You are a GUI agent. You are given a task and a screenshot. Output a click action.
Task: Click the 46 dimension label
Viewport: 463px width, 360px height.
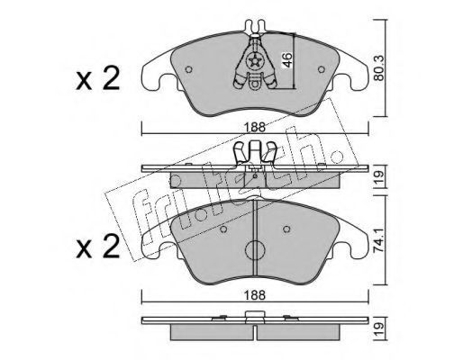click(x=287, y=60)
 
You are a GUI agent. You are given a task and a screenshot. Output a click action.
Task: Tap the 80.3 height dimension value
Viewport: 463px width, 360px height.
click(x=379, y=68)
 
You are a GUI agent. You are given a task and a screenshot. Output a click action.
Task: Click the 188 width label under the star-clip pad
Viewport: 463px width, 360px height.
click(x=254, y=127)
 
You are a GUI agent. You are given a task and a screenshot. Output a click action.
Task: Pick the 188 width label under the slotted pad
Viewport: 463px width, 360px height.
click(x=254, y=295)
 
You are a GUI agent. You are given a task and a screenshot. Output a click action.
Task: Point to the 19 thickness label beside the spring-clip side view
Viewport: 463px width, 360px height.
click(x=379, y=177)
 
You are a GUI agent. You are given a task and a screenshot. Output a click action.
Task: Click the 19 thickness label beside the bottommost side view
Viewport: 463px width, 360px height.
click(x=379, y=329)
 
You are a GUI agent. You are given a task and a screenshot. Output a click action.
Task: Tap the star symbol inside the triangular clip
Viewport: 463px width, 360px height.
click(x=255, y=62)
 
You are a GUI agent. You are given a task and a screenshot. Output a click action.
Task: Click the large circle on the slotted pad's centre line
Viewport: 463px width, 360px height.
click(x=255, y=250)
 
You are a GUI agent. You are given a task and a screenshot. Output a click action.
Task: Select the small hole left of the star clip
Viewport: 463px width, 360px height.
click(x=188, y=69)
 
